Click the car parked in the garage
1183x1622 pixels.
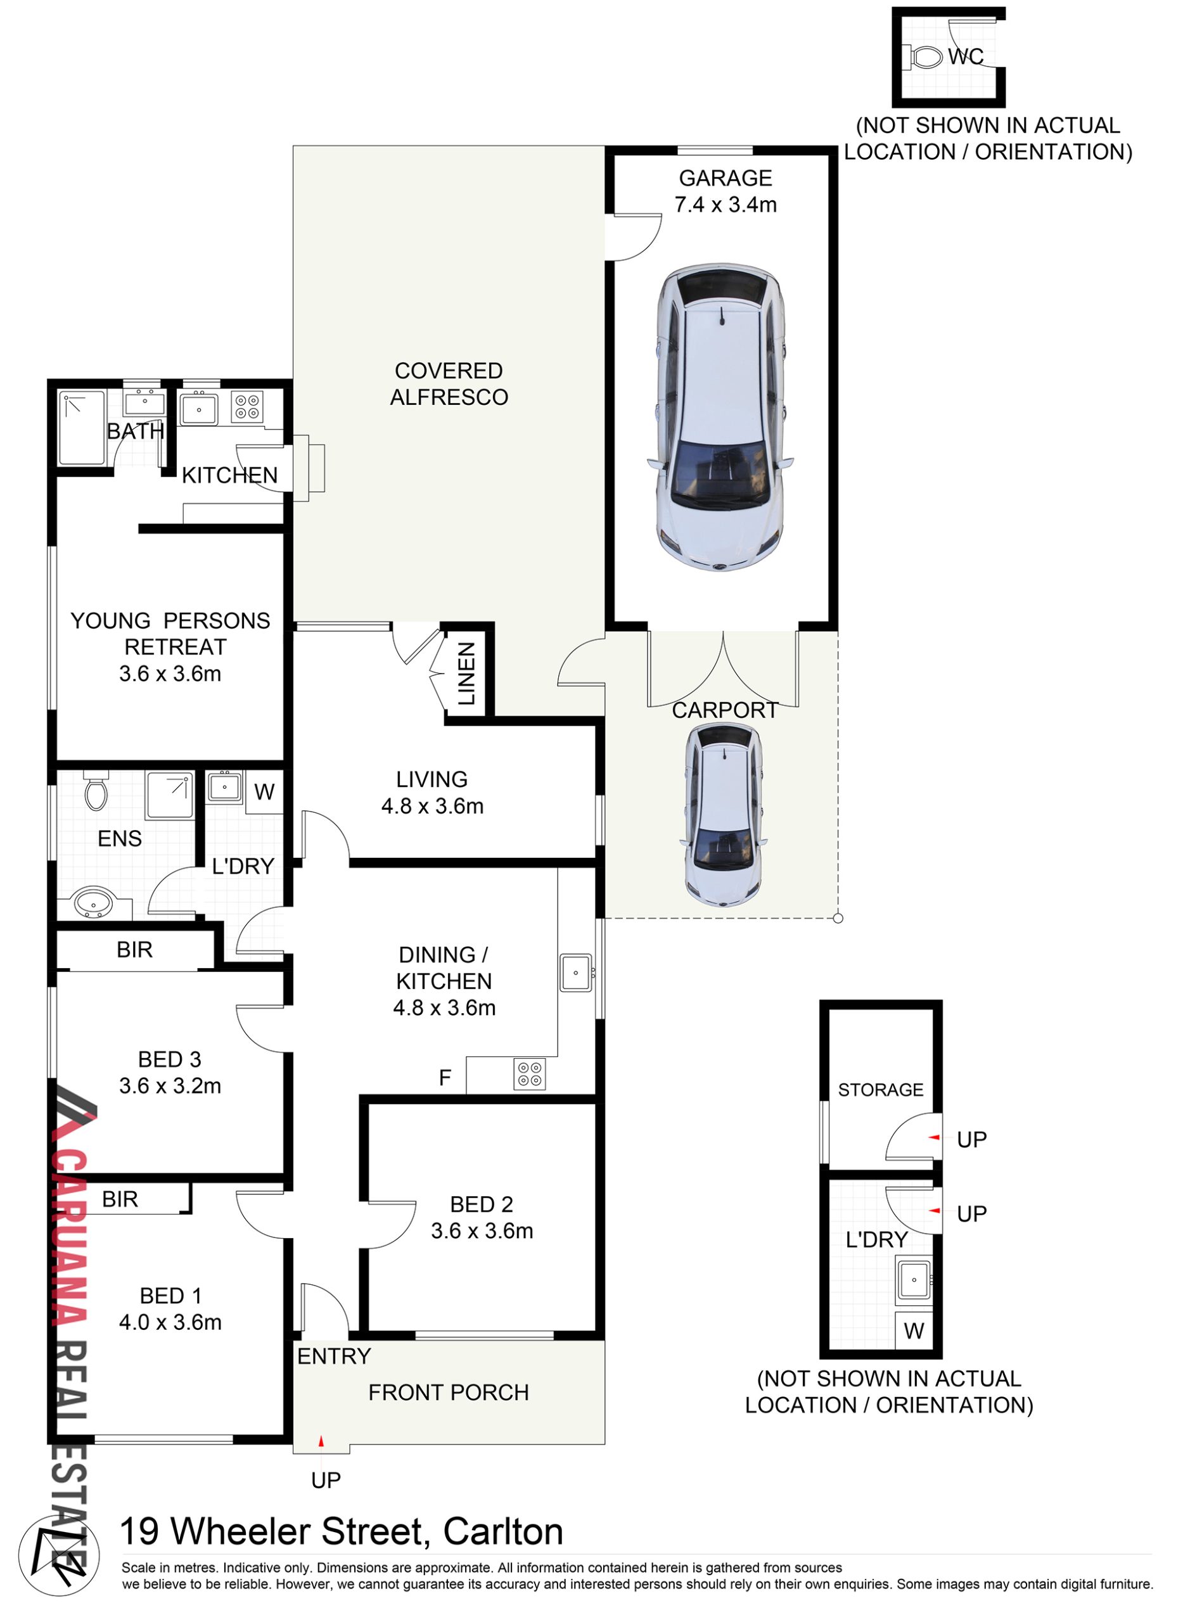(720, 419)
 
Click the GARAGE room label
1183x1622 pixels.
(726, 177)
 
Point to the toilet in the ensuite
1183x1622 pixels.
(96, 790)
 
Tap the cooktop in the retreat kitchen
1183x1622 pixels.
(247, 407)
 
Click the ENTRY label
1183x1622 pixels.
(334, 1357)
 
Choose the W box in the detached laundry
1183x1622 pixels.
(914, 1331)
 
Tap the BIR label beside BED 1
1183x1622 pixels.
(120, 1199)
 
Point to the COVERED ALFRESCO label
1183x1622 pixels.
(449, 384)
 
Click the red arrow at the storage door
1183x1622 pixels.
(934, 1137)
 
